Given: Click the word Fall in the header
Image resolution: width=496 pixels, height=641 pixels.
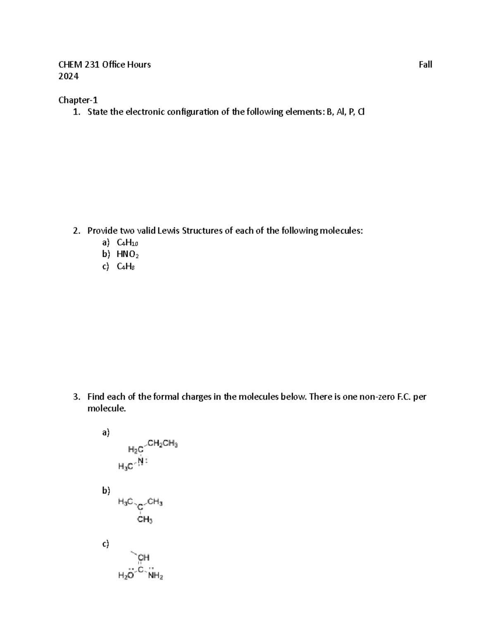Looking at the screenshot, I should (425, 64).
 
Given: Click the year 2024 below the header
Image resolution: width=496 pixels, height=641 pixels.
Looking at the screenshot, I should (68, 76).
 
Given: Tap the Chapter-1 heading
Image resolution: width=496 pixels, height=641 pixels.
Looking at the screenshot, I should (78, 100).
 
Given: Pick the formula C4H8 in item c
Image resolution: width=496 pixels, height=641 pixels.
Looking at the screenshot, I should (126, 267).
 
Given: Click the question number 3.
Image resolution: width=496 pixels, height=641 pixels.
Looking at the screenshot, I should (76, 397).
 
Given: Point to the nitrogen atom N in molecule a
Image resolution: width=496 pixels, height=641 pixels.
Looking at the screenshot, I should (141, 461).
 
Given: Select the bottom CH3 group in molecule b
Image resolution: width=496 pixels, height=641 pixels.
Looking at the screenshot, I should (145, 520).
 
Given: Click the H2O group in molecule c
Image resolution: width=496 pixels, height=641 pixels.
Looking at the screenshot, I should (126, 577).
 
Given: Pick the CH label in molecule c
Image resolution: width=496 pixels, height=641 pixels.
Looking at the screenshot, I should (143, 558).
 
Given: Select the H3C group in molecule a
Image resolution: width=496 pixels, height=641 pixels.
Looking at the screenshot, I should (126, 466).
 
